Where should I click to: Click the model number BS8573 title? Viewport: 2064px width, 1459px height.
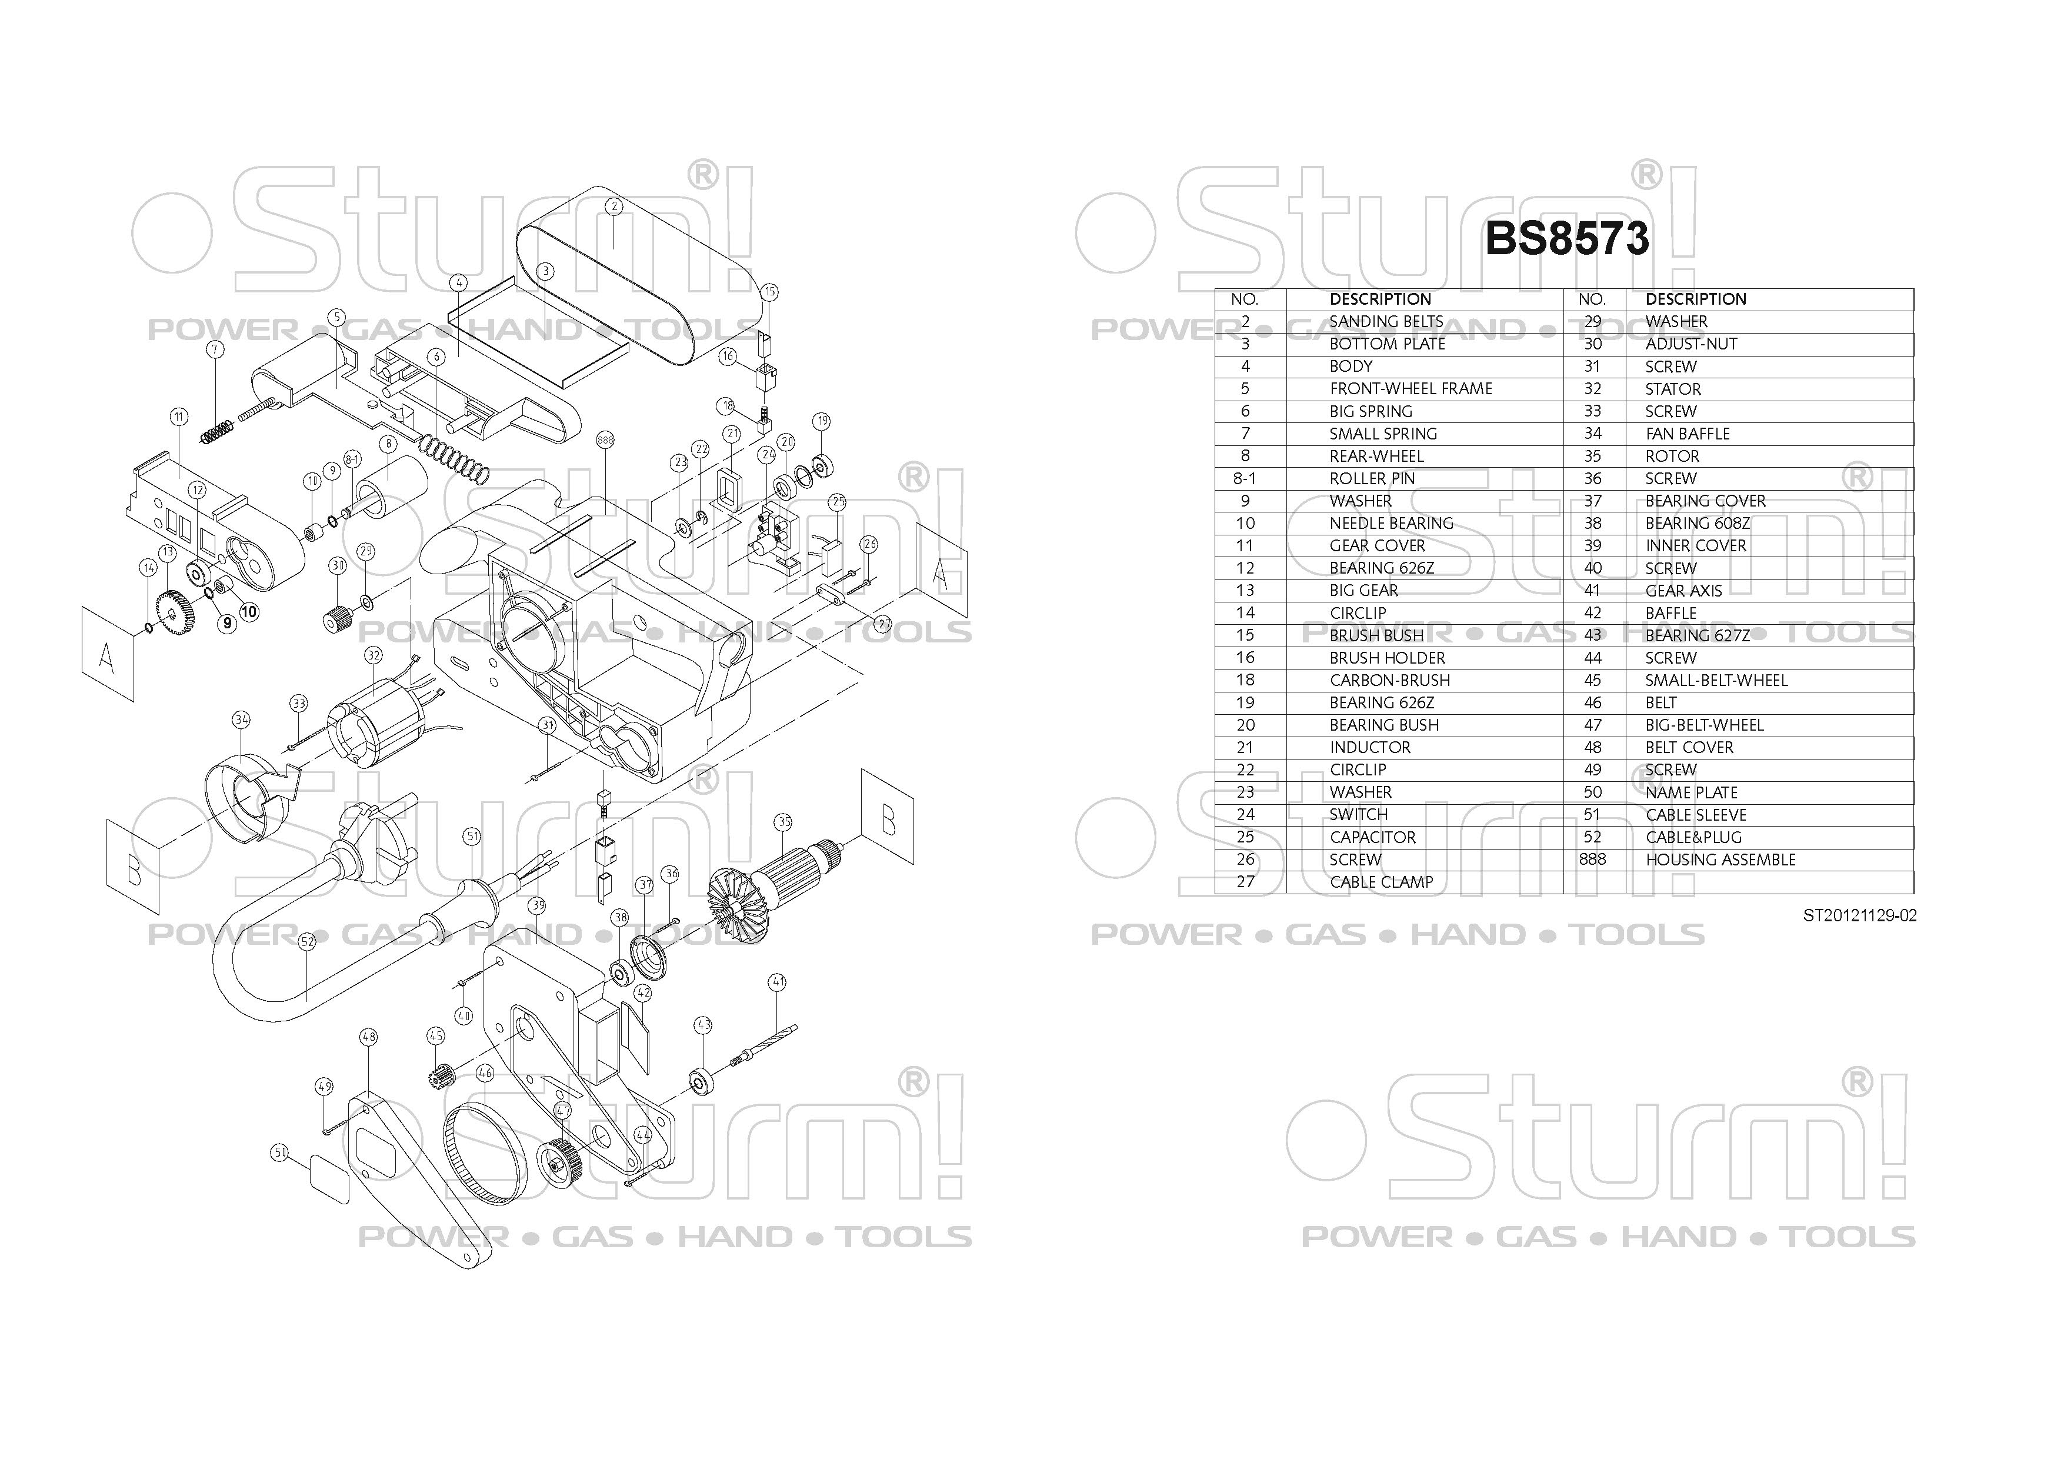pyautogui.click(x=1567, y=239)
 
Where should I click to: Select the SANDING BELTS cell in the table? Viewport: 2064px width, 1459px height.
pyautogui.click(x=1386, y=322)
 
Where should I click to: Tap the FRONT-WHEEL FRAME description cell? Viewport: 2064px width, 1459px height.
pyautogui.click(x=1411, y=388)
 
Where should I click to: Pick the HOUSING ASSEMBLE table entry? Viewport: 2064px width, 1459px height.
pyautogui.click(x=1720, y=860)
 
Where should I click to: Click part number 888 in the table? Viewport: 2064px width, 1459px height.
pyautogui.click(x=1592, y=860)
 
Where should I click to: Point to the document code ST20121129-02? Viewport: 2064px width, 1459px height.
pyautogui.click(x=1859, y=915)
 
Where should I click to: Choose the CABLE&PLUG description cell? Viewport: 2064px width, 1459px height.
pyautogui.click(x=1693, y=837)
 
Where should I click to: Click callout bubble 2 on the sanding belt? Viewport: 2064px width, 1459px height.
pyautogui.click(x=614, y=206)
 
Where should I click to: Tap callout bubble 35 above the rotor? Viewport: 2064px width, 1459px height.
pyautogui.click(x=784, y=822)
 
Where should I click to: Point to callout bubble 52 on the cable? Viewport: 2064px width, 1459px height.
pyautogui.click(x=308, y=941)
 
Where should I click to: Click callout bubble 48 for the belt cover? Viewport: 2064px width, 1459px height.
pyautogui.click(x=369, y=1037)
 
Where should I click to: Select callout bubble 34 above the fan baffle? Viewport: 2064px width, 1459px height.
pyautogui.click(x=241, y=719)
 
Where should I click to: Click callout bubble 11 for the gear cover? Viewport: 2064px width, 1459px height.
pyautogui.click(x=179, y=416)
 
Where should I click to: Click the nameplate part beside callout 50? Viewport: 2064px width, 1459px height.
pyautogui.click(x=328, y=1180)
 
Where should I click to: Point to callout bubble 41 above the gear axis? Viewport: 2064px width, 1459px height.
pyautogui.click(x=778, y=982)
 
